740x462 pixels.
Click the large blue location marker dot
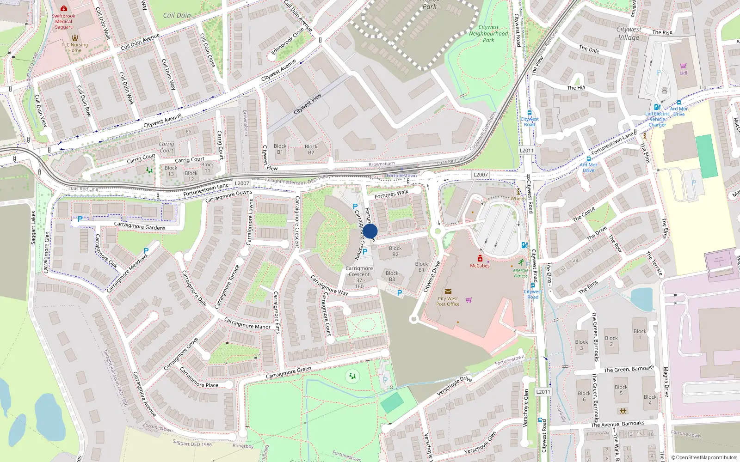(370, 231)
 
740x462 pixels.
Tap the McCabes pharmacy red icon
(480, 258)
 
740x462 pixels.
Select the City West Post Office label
(448, 301)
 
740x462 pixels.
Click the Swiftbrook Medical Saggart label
(64, 21)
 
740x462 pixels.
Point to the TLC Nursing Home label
(75, 48)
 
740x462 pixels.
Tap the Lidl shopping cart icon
(683, 66)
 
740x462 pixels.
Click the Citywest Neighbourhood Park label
(488, 34)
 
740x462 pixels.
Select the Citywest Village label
(629, 33)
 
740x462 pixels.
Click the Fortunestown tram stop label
(401, 176)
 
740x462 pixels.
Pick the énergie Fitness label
(521, 273)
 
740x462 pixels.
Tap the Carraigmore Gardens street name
(140, 226)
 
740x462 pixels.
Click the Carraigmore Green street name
(288, 373)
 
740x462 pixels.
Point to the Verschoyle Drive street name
(454, 386)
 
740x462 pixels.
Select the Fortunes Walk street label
(391, 195)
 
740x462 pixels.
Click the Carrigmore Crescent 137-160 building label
(359, 277)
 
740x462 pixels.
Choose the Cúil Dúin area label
(177, 15)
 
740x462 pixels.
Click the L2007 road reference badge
(242, 183)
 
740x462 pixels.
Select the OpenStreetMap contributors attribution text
(704, 457)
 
